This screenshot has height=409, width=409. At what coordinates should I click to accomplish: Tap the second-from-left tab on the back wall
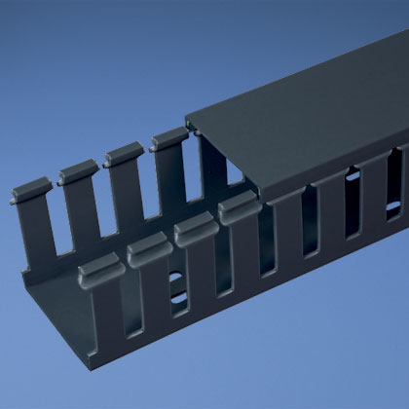coord(78,173)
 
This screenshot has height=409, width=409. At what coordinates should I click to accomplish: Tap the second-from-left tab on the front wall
coord(149,246)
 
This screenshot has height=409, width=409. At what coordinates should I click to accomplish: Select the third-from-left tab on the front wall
coord(195,226)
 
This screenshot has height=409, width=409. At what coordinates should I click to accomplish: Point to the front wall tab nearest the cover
coord(238,206)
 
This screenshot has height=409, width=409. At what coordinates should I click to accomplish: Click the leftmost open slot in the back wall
coord(54,224)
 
